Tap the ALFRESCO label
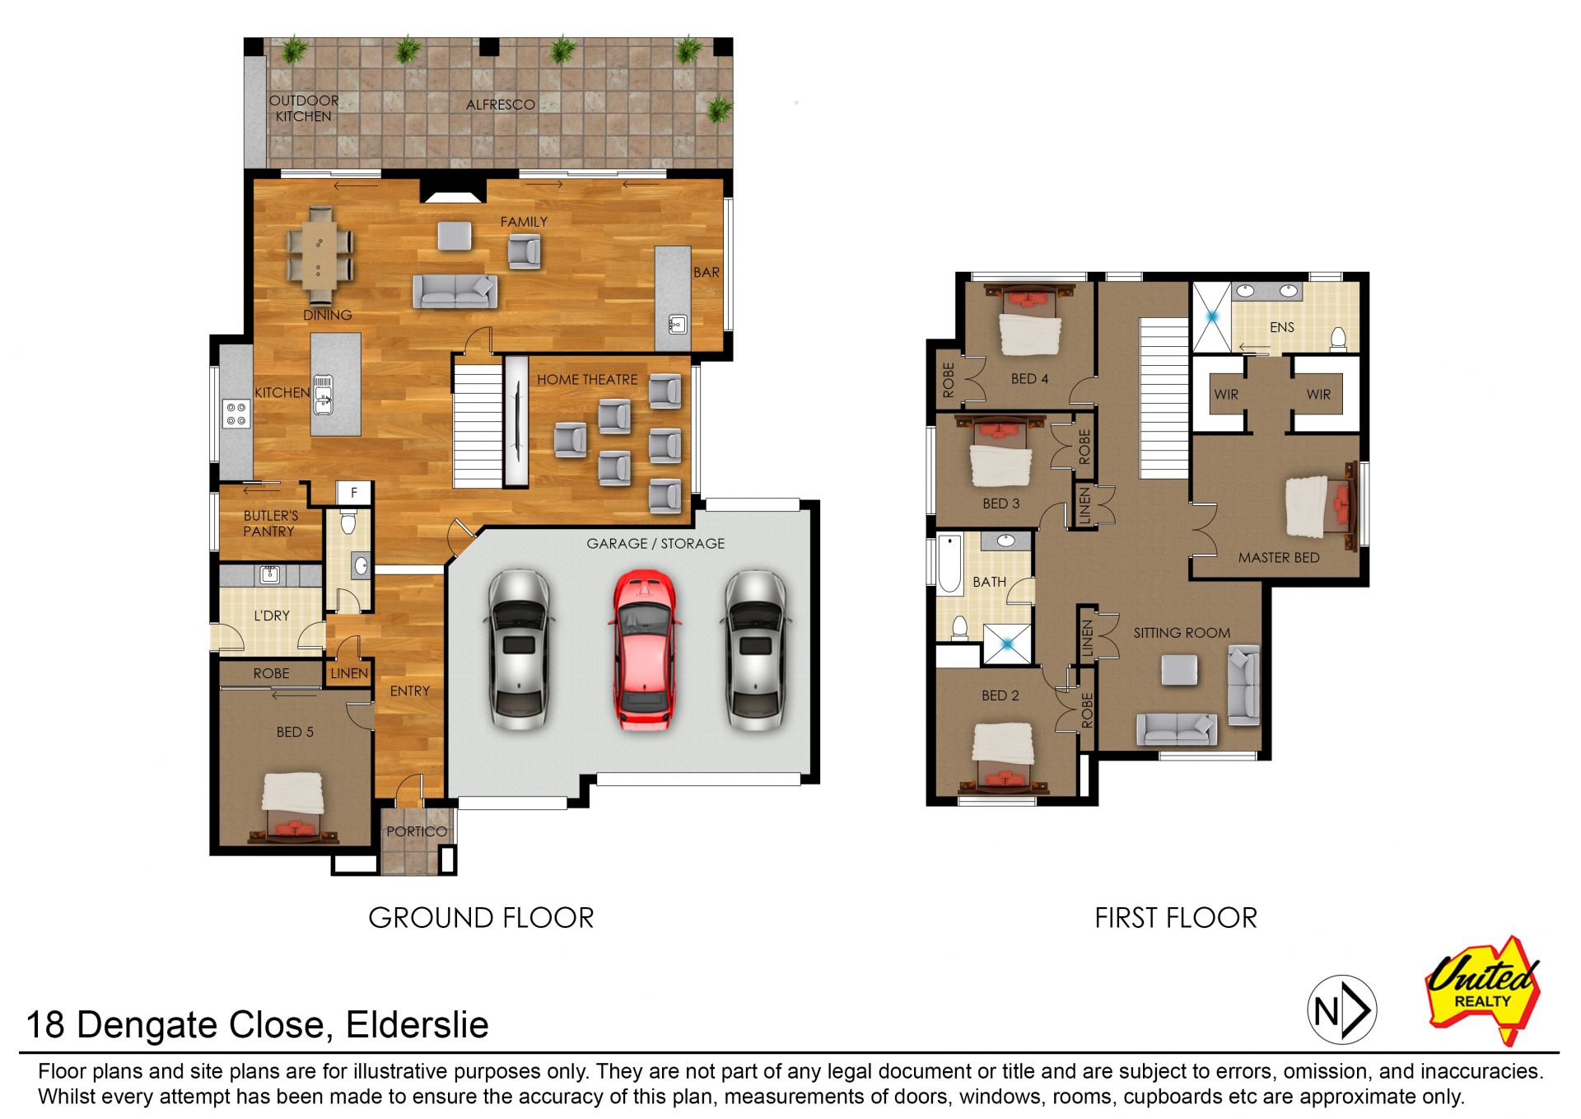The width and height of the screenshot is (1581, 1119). [x=501, y=105]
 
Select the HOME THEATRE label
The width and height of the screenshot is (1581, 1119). [x=587, y=380]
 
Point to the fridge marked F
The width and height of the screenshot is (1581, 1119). [x=354, y=493]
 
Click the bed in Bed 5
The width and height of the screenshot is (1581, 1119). [x=293, y=808]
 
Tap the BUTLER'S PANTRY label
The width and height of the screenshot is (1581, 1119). [x=270, y=524]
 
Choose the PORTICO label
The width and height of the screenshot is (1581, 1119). [x=417, y=831]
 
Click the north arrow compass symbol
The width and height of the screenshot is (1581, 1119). [x=1342, y=1009]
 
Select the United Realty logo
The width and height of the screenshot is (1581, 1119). [x=1484, y=990]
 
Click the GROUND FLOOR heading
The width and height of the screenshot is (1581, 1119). [x=481, y=918]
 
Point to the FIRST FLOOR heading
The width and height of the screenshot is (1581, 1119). [x=1176, y=918]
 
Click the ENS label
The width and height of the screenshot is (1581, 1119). [x=1282, y=327]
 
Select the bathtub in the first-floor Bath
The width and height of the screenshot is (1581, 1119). [x=949, y=564]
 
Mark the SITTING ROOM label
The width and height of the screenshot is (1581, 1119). [x=1182, y=633]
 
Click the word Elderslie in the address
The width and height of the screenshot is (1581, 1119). [x=417, y=1025]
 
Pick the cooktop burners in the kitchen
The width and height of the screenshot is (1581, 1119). [x=236, y=414]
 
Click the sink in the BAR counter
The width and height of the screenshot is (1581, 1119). [x=677, y=324]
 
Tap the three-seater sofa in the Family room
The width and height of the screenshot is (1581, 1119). [x=455, y=292]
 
